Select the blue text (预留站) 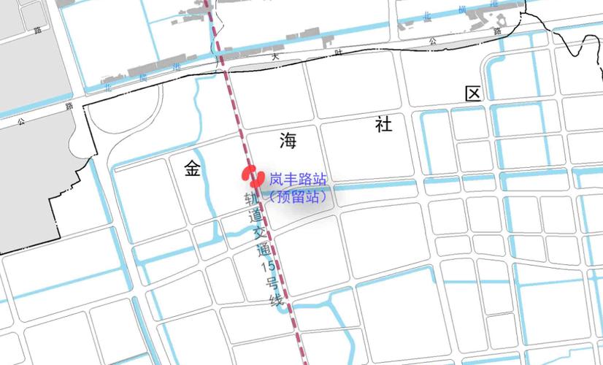point(296,196)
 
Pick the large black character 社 point(384,125)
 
